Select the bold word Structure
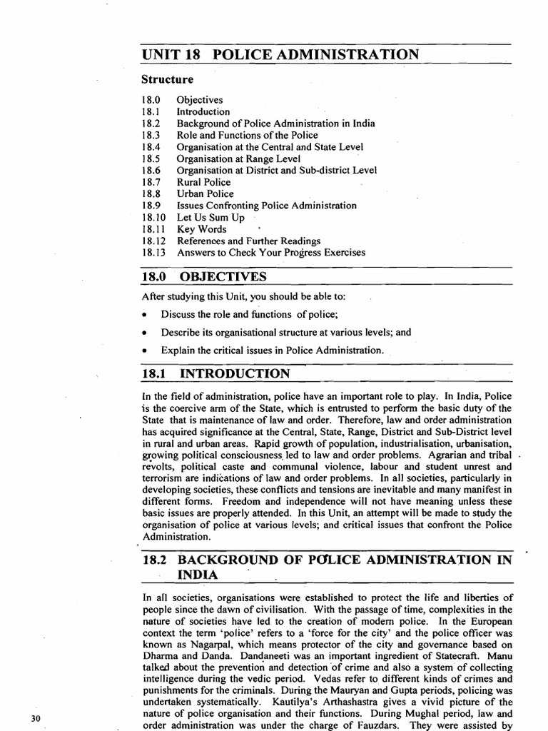[x=168, y=79]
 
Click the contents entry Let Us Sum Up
[x=210, y=217]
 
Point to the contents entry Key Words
[x=202, y=229]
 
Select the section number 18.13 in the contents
[x=153, y=253]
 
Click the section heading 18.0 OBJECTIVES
[x=204, y=276]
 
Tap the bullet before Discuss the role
[x=145, y=315]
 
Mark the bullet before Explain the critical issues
[x=145, y=351]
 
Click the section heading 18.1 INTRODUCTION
[x=215, y=374]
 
